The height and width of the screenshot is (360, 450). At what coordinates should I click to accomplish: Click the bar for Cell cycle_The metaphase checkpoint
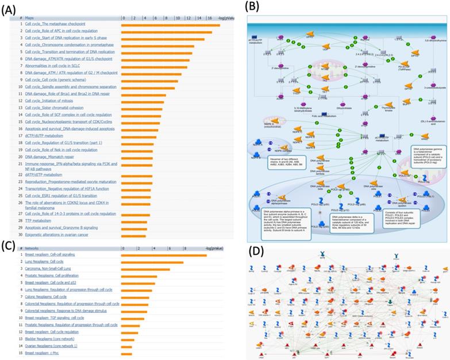pos(171,24)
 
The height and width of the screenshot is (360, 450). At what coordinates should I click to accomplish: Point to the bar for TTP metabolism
pos(136,220)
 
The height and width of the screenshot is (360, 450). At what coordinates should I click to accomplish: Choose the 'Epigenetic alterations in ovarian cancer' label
pos(57,235)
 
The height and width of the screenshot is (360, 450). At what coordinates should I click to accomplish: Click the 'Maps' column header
pos(32,18)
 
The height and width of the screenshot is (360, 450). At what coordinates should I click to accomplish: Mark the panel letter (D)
pos(257,251)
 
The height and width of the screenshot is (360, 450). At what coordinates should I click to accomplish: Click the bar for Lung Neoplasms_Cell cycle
pos(152,262)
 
